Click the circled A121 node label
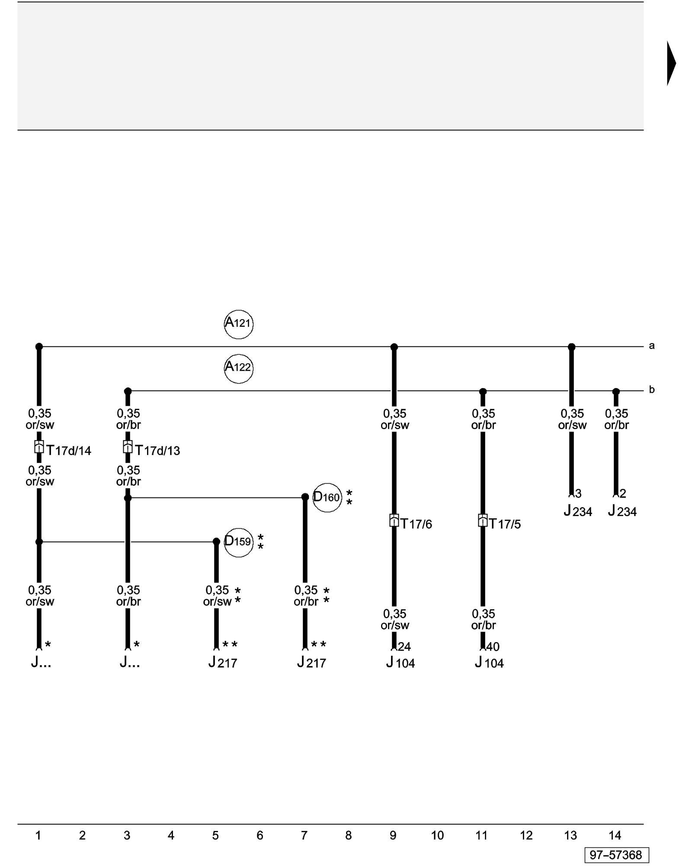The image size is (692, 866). point(238,324)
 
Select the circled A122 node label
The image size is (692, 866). point(238,368)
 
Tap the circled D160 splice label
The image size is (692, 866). point(327,498)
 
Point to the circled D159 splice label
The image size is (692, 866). point(238,542)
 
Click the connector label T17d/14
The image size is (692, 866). point(69,451)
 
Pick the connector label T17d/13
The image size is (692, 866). point(157,451)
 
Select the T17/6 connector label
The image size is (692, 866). point(416,524)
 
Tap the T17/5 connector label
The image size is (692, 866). point(505,524)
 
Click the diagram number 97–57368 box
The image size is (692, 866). point(616,855)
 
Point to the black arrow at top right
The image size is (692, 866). point(671,63)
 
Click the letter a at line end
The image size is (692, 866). point(651,346)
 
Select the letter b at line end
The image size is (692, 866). point(651,390)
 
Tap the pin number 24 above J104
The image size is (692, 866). point(404,646)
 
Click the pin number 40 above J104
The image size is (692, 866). point(493,646)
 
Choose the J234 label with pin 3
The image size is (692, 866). point(578,511)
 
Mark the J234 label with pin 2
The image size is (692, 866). point(622,511)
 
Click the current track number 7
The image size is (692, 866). point(304,835)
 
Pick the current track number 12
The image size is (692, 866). point(526,835)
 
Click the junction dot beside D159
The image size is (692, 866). point(216,542)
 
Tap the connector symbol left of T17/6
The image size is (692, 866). point(394,520)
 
